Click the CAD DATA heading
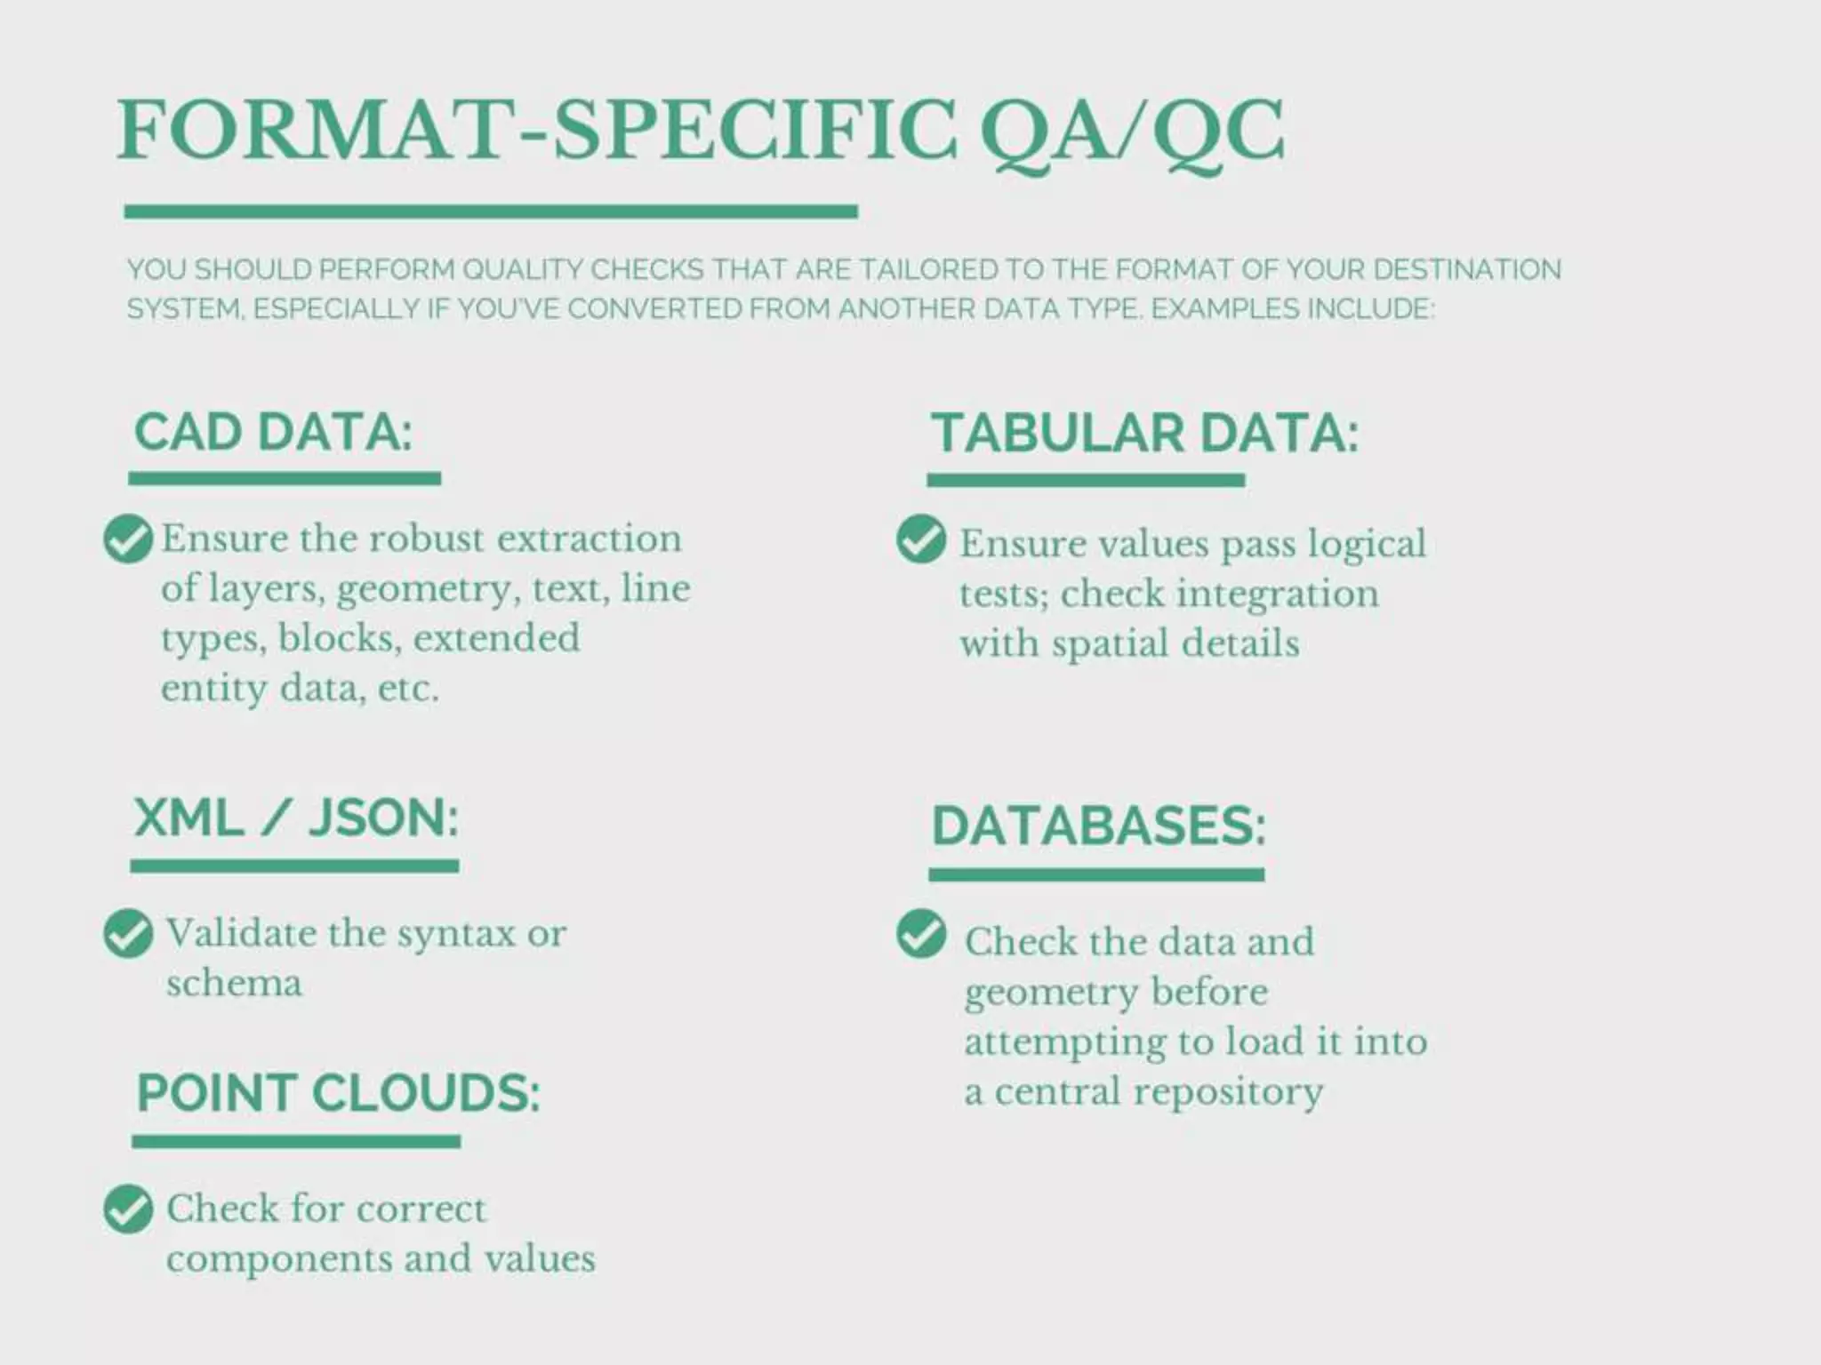[x=273, y=433]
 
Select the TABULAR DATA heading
[x=1144, y=434]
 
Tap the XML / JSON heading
[x=295, y=818]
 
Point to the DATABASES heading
[x=1098, y=826]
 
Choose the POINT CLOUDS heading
[x=338, y=1093]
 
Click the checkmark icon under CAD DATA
[x=128, y=539]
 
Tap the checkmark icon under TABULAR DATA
[x=921, y=539]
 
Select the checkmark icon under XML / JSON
[x=128, y=933]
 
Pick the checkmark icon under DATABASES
[x=921, y=934]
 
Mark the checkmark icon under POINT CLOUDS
[x=128, y=1209]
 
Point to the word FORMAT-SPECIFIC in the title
[x=537, y=132]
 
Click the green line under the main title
[x=491, y=212]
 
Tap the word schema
[x=234, y=984]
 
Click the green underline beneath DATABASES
[x=1096, y=875]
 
